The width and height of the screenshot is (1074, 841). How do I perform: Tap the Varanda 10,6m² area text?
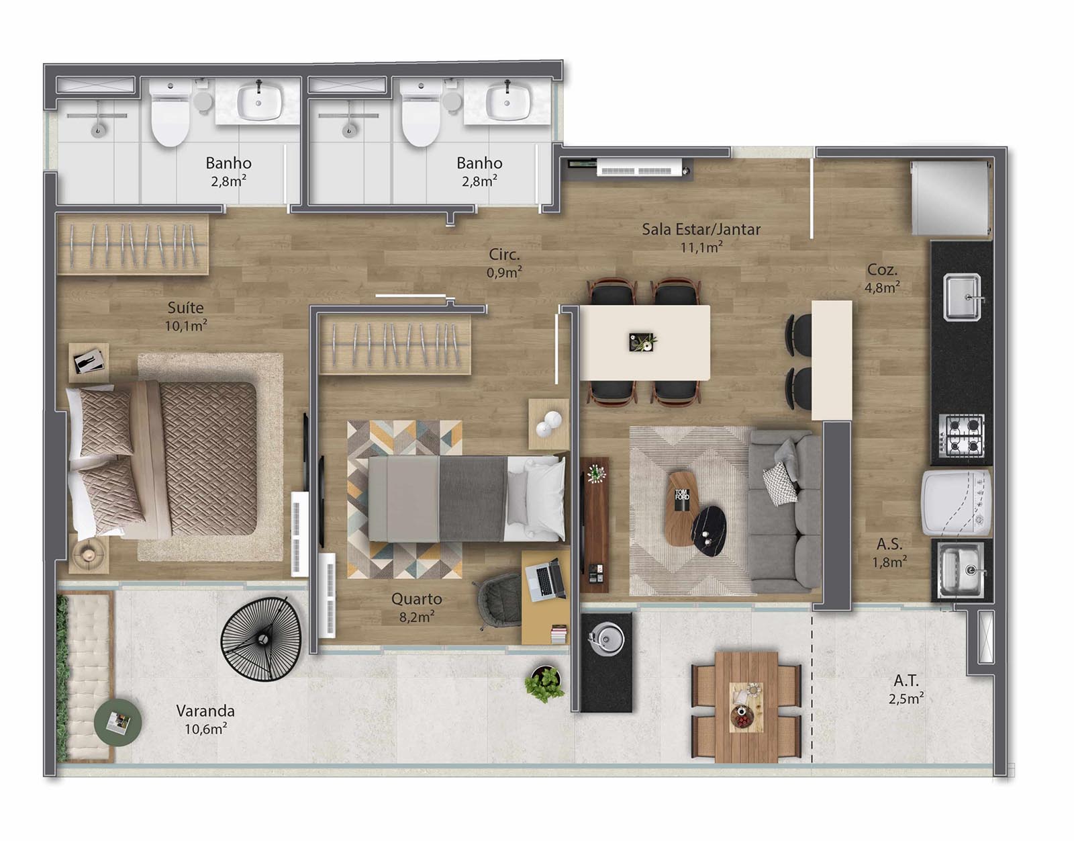pos(205,719)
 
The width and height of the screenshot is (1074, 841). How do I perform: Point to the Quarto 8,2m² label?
pos(417,607)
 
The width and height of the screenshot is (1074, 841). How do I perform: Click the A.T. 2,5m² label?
pos(906,689)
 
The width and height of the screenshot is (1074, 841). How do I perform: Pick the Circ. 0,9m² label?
pos(504,263)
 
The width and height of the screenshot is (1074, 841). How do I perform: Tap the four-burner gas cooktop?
pos(961,436)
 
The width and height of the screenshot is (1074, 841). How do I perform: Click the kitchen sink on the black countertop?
pos(962,297)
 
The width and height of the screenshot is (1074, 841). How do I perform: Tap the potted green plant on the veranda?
pos(544,684)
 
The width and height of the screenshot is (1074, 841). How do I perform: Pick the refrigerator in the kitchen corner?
pos(951,198)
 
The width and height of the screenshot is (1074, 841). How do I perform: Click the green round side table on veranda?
pos(118,722)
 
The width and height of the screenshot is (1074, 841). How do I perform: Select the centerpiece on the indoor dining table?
pos(642,342)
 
